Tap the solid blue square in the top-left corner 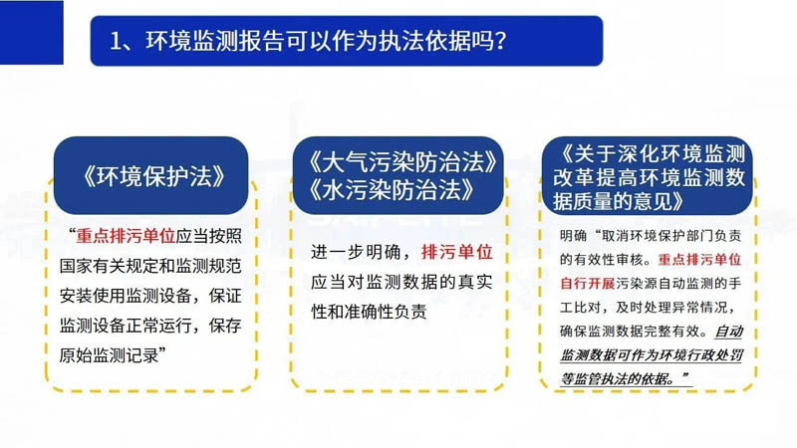point(32,33)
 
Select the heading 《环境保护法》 point(151,176)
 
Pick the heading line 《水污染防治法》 point(390,190)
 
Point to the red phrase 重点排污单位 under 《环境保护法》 point(126,236)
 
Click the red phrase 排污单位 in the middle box point(457,252)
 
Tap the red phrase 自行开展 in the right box point(588,284)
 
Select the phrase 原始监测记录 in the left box point(109,355)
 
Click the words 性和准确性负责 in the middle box point(369,312)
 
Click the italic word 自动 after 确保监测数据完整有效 point(729,332)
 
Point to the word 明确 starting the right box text point(574,236)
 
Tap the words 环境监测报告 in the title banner point(192,41)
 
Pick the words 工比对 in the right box point(581,308)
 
